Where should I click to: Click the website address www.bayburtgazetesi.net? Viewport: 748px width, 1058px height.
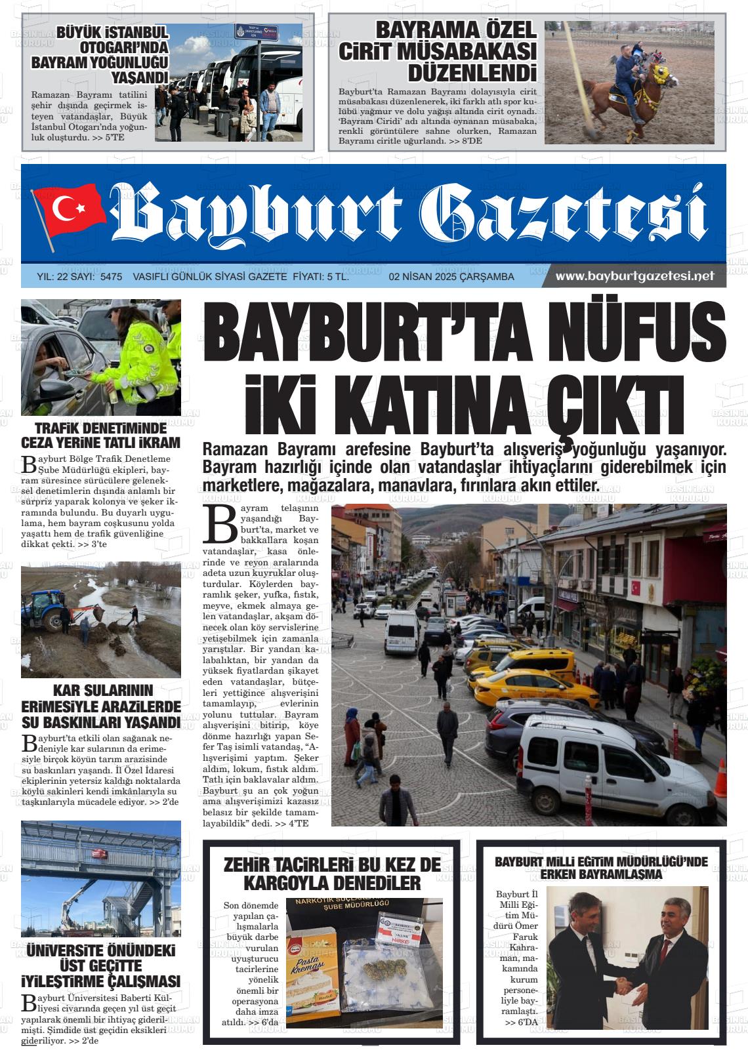[634, 276]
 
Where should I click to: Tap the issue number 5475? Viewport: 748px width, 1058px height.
[111, 277]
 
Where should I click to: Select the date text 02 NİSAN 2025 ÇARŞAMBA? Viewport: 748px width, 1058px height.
[451, 277]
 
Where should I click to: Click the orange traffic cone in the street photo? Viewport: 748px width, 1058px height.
[720, 777]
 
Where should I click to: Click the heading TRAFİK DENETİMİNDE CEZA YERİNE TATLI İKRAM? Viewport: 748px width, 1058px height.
[100, 435]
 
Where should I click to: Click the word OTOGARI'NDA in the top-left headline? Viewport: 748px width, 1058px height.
[123, 48]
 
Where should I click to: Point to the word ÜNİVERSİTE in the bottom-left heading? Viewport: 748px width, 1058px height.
[100, 950]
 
